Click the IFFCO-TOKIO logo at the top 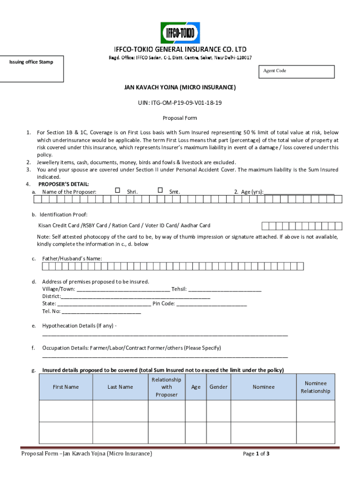(x=180, y=33)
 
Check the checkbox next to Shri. (x=117, y=190)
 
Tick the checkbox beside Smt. (x=160, y=190)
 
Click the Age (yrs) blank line (x=299, y=192)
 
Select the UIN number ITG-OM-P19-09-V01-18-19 (x=180, y=102)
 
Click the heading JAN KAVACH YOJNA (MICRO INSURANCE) (x=180, y=87)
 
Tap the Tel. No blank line (x=101, y=312)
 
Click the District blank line (x=136, y=297)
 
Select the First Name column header (x=65, y=387)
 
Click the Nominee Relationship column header (x=316, y=387)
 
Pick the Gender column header (x=218, y=387)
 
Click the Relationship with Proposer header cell (x=166, y=387)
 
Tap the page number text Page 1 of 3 (x=256, y=454)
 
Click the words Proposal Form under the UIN (x=180, y=118)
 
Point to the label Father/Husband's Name (x=72, y=259)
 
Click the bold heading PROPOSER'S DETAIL (x=64, y=184)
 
